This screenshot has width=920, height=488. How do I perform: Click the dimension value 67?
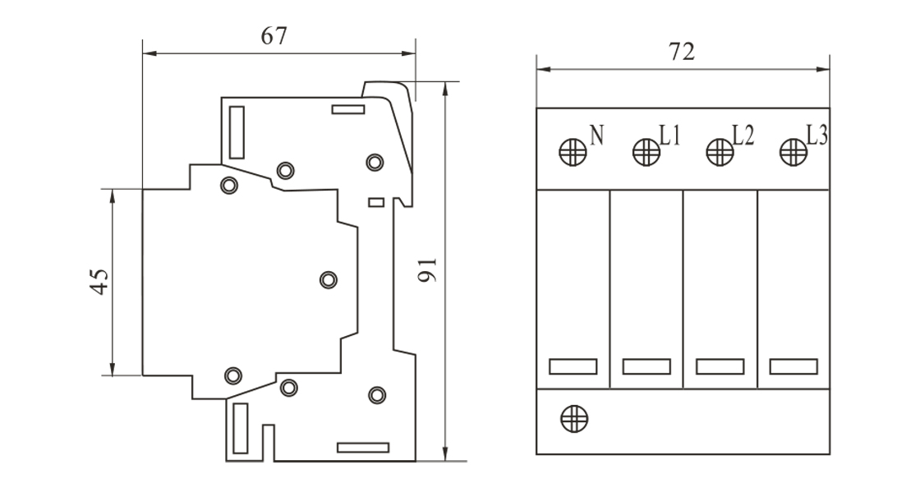click(x=274, y=37)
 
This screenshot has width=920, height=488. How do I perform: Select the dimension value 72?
click(x=682, y=52)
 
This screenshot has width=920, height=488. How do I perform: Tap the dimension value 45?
click(x=98, y=282)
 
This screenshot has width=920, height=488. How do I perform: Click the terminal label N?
click(x=597, y=134)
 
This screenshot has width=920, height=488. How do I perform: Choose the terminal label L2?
click(x=743, y=135)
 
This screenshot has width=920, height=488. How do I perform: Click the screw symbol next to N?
click(x=573, y=152)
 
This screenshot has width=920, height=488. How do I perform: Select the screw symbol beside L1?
click(x=646, y=152)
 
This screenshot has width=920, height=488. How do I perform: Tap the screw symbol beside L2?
click(x=720, y=152)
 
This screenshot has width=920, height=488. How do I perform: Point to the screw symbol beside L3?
click(x=793, y=152)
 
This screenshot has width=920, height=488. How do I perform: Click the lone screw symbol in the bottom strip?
click(x=573, y=418)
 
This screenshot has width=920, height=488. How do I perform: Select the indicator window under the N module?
click(x=573, y=366)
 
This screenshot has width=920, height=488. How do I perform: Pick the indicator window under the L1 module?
click(x=646, y=366)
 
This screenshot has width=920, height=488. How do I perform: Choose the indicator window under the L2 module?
click(x=720, y=366)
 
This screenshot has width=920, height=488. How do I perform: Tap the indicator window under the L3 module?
click(x=793, y=366)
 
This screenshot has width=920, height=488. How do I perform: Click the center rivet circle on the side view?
click(x=328, y=280)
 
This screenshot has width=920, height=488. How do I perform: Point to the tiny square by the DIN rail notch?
click(x=376, y=201)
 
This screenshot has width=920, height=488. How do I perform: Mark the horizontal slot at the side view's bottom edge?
click(x=362, y=448)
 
